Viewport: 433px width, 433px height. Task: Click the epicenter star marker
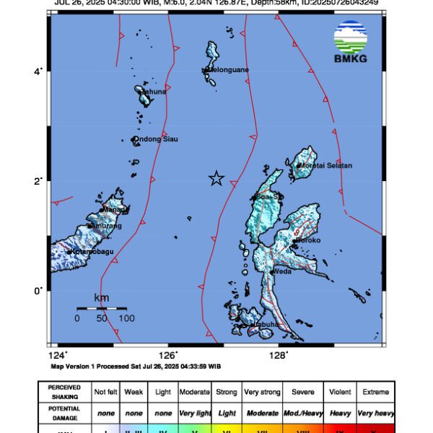pos(216,178)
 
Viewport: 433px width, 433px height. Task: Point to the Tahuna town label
pos(154,92)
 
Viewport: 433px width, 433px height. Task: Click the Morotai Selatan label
pos(325,165)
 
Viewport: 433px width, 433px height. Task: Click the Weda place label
pos(281,271)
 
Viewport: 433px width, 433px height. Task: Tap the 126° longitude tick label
pos(168,354)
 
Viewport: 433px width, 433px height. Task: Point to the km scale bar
pos(102,308)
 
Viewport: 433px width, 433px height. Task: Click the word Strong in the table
pos(227,392)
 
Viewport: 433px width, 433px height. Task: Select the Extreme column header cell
pos(375,392)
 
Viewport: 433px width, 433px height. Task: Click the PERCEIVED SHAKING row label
pos(64,392)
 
